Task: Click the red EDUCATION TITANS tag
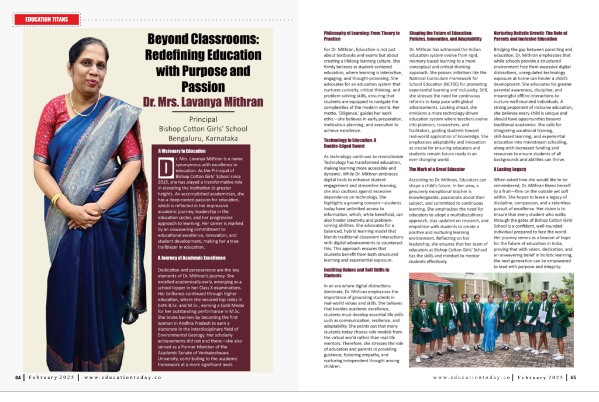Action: [x=46, y=19]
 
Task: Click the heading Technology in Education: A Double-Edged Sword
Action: [x=350, y=143]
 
